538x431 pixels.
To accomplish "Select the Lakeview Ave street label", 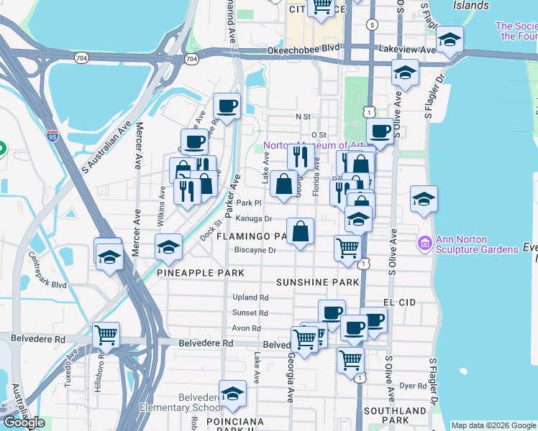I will (x=407, y=50).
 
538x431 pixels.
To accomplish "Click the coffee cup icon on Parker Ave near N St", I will (x=227, y=107).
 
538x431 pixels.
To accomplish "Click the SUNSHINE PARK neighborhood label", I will (x=317, y=282).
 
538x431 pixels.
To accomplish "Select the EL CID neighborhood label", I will (x=400, y=303).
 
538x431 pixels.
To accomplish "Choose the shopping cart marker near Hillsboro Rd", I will (x=106, y=335).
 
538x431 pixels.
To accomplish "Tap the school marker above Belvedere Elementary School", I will (x=232, y=394).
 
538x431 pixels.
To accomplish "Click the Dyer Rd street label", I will (x=413, y=386).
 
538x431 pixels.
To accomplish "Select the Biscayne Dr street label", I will (x=255, y=250).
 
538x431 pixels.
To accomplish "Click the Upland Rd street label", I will (x=250, y=297).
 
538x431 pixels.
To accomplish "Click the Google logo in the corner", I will (x=24, y=422).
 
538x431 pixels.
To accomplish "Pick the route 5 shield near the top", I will (x=371, y=24).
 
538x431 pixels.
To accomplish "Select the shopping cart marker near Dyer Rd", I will (x=350, y=359).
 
